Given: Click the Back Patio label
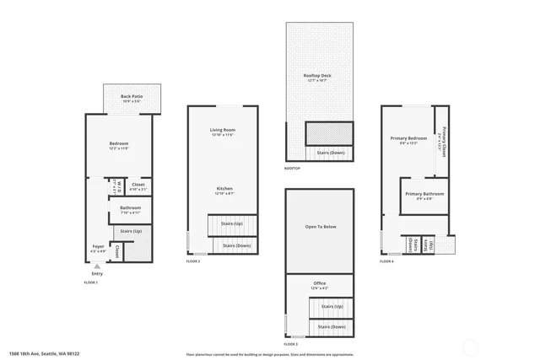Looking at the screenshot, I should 131,97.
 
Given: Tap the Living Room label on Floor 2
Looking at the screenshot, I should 222,132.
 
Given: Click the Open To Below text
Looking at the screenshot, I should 320,227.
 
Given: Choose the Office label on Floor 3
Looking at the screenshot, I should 319,284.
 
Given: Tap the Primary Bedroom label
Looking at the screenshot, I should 408,138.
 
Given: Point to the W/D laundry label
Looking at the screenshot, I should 119,185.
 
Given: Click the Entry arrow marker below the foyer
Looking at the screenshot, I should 96,266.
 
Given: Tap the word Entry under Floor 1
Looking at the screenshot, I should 97,273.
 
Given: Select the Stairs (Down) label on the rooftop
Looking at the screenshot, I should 330,153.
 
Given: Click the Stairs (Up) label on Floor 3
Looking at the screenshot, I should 332,306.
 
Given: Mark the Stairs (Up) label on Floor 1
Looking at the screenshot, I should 131,230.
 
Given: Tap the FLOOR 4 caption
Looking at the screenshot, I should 386,261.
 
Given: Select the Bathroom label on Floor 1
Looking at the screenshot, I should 130,208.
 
